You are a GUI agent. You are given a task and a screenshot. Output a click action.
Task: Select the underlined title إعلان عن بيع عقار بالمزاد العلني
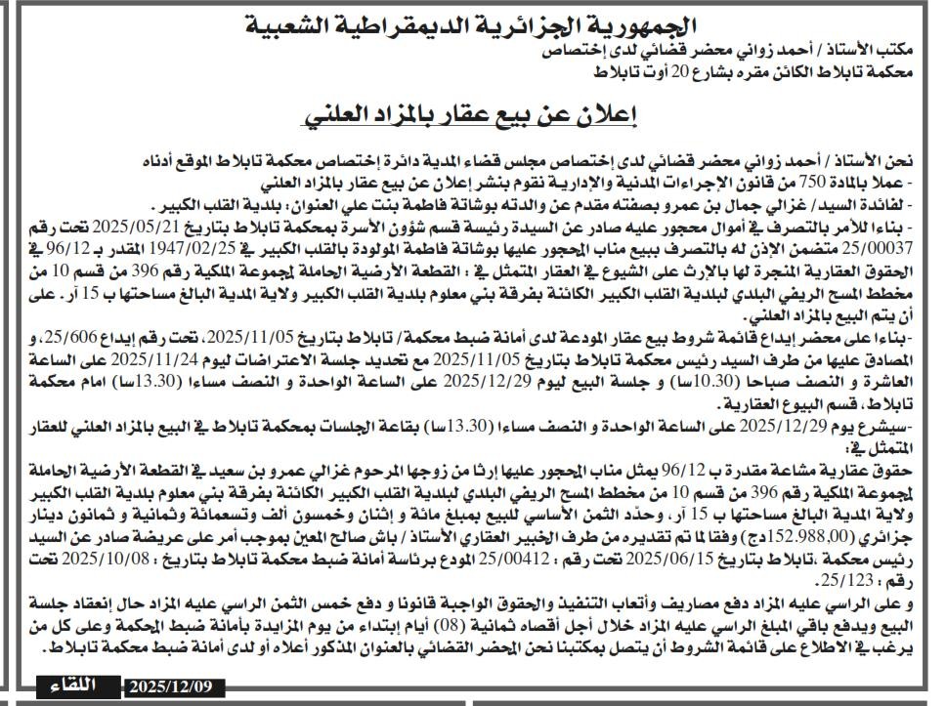click(471, 115)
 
